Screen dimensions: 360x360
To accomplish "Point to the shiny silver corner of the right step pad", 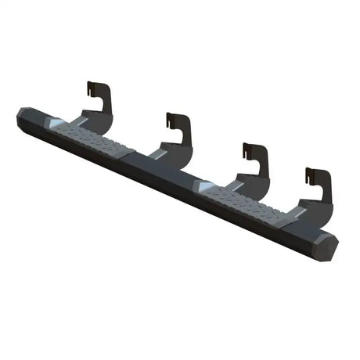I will point(203,185).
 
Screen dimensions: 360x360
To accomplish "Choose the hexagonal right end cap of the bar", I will point(328,246).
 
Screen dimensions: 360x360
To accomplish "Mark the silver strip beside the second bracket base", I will point(157,154).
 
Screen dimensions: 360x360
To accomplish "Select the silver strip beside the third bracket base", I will point(232,185).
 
